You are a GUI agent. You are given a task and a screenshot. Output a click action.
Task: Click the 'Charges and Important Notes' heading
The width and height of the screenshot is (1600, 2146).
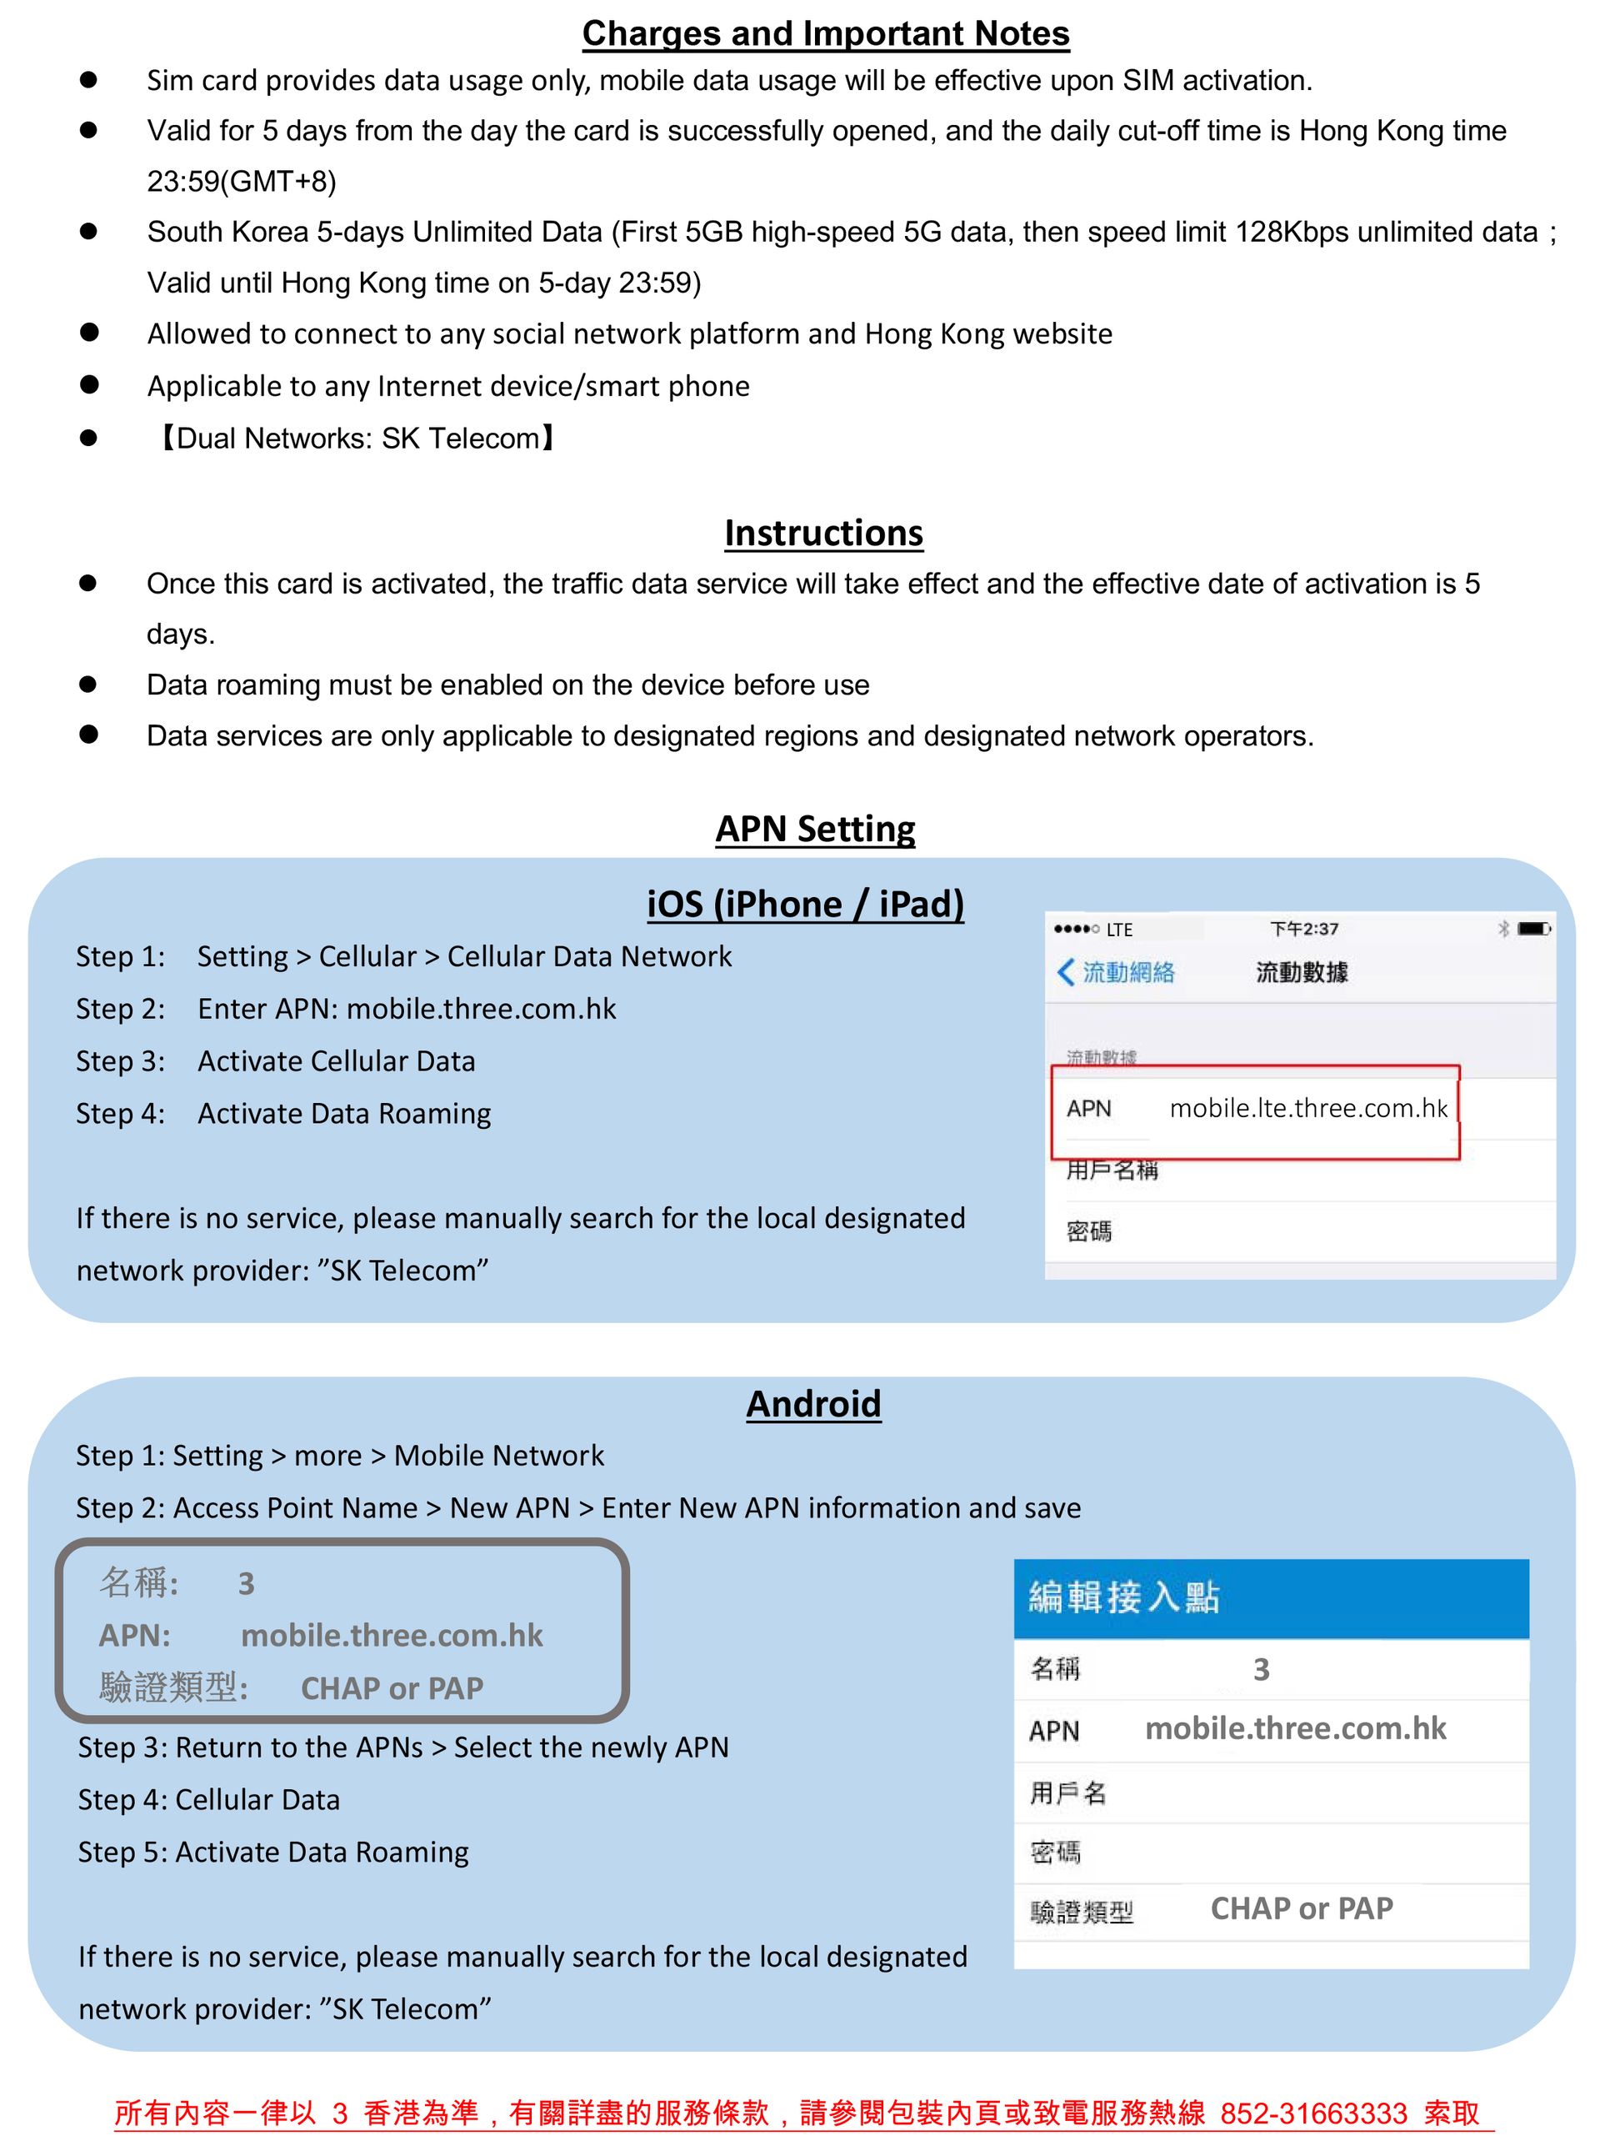click(x=825, y=34)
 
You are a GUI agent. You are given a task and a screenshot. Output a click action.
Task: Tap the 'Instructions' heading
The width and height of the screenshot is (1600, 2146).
click(x=823, y=533)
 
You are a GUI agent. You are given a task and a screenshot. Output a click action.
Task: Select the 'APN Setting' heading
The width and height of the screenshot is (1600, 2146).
click(x=816, y=830)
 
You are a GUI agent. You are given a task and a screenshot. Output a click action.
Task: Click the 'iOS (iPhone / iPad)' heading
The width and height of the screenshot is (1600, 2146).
click(x=805, y=904)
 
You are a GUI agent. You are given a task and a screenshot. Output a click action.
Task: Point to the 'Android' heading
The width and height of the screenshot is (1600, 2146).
click(x=813, y=1404)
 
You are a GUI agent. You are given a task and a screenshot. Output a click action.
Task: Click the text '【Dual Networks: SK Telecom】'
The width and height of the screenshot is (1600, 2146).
click(x=357, y=439)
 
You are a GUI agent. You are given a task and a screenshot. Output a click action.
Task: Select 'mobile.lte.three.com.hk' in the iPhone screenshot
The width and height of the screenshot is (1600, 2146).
click(x=1307, y=1108)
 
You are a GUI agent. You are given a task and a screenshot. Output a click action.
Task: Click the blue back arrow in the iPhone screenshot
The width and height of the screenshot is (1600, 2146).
click(x=1065, y=972)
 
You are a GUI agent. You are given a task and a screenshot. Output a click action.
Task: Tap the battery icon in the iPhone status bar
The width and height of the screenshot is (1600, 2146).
click(x=1534, y=929)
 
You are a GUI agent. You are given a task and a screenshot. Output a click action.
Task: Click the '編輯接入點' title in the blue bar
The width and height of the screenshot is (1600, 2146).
click(x=1123, y=1597)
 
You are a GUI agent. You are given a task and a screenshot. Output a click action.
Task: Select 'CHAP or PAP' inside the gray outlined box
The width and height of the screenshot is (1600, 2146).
click(x=392, y=1688)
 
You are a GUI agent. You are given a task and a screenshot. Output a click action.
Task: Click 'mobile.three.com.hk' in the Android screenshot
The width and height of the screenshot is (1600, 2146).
click(x=1295, y=1728)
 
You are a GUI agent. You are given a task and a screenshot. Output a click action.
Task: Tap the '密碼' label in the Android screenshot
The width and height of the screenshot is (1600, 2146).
click(x=1055, y=1853)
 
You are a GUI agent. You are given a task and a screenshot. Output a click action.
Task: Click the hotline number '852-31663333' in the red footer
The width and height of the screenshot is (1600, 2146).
click(x=1313, y=2113)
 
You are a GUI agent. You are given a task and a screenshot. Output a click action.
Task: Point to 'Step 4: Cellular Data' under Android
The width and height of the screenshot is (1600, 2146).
click(x=209, y=1800)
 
